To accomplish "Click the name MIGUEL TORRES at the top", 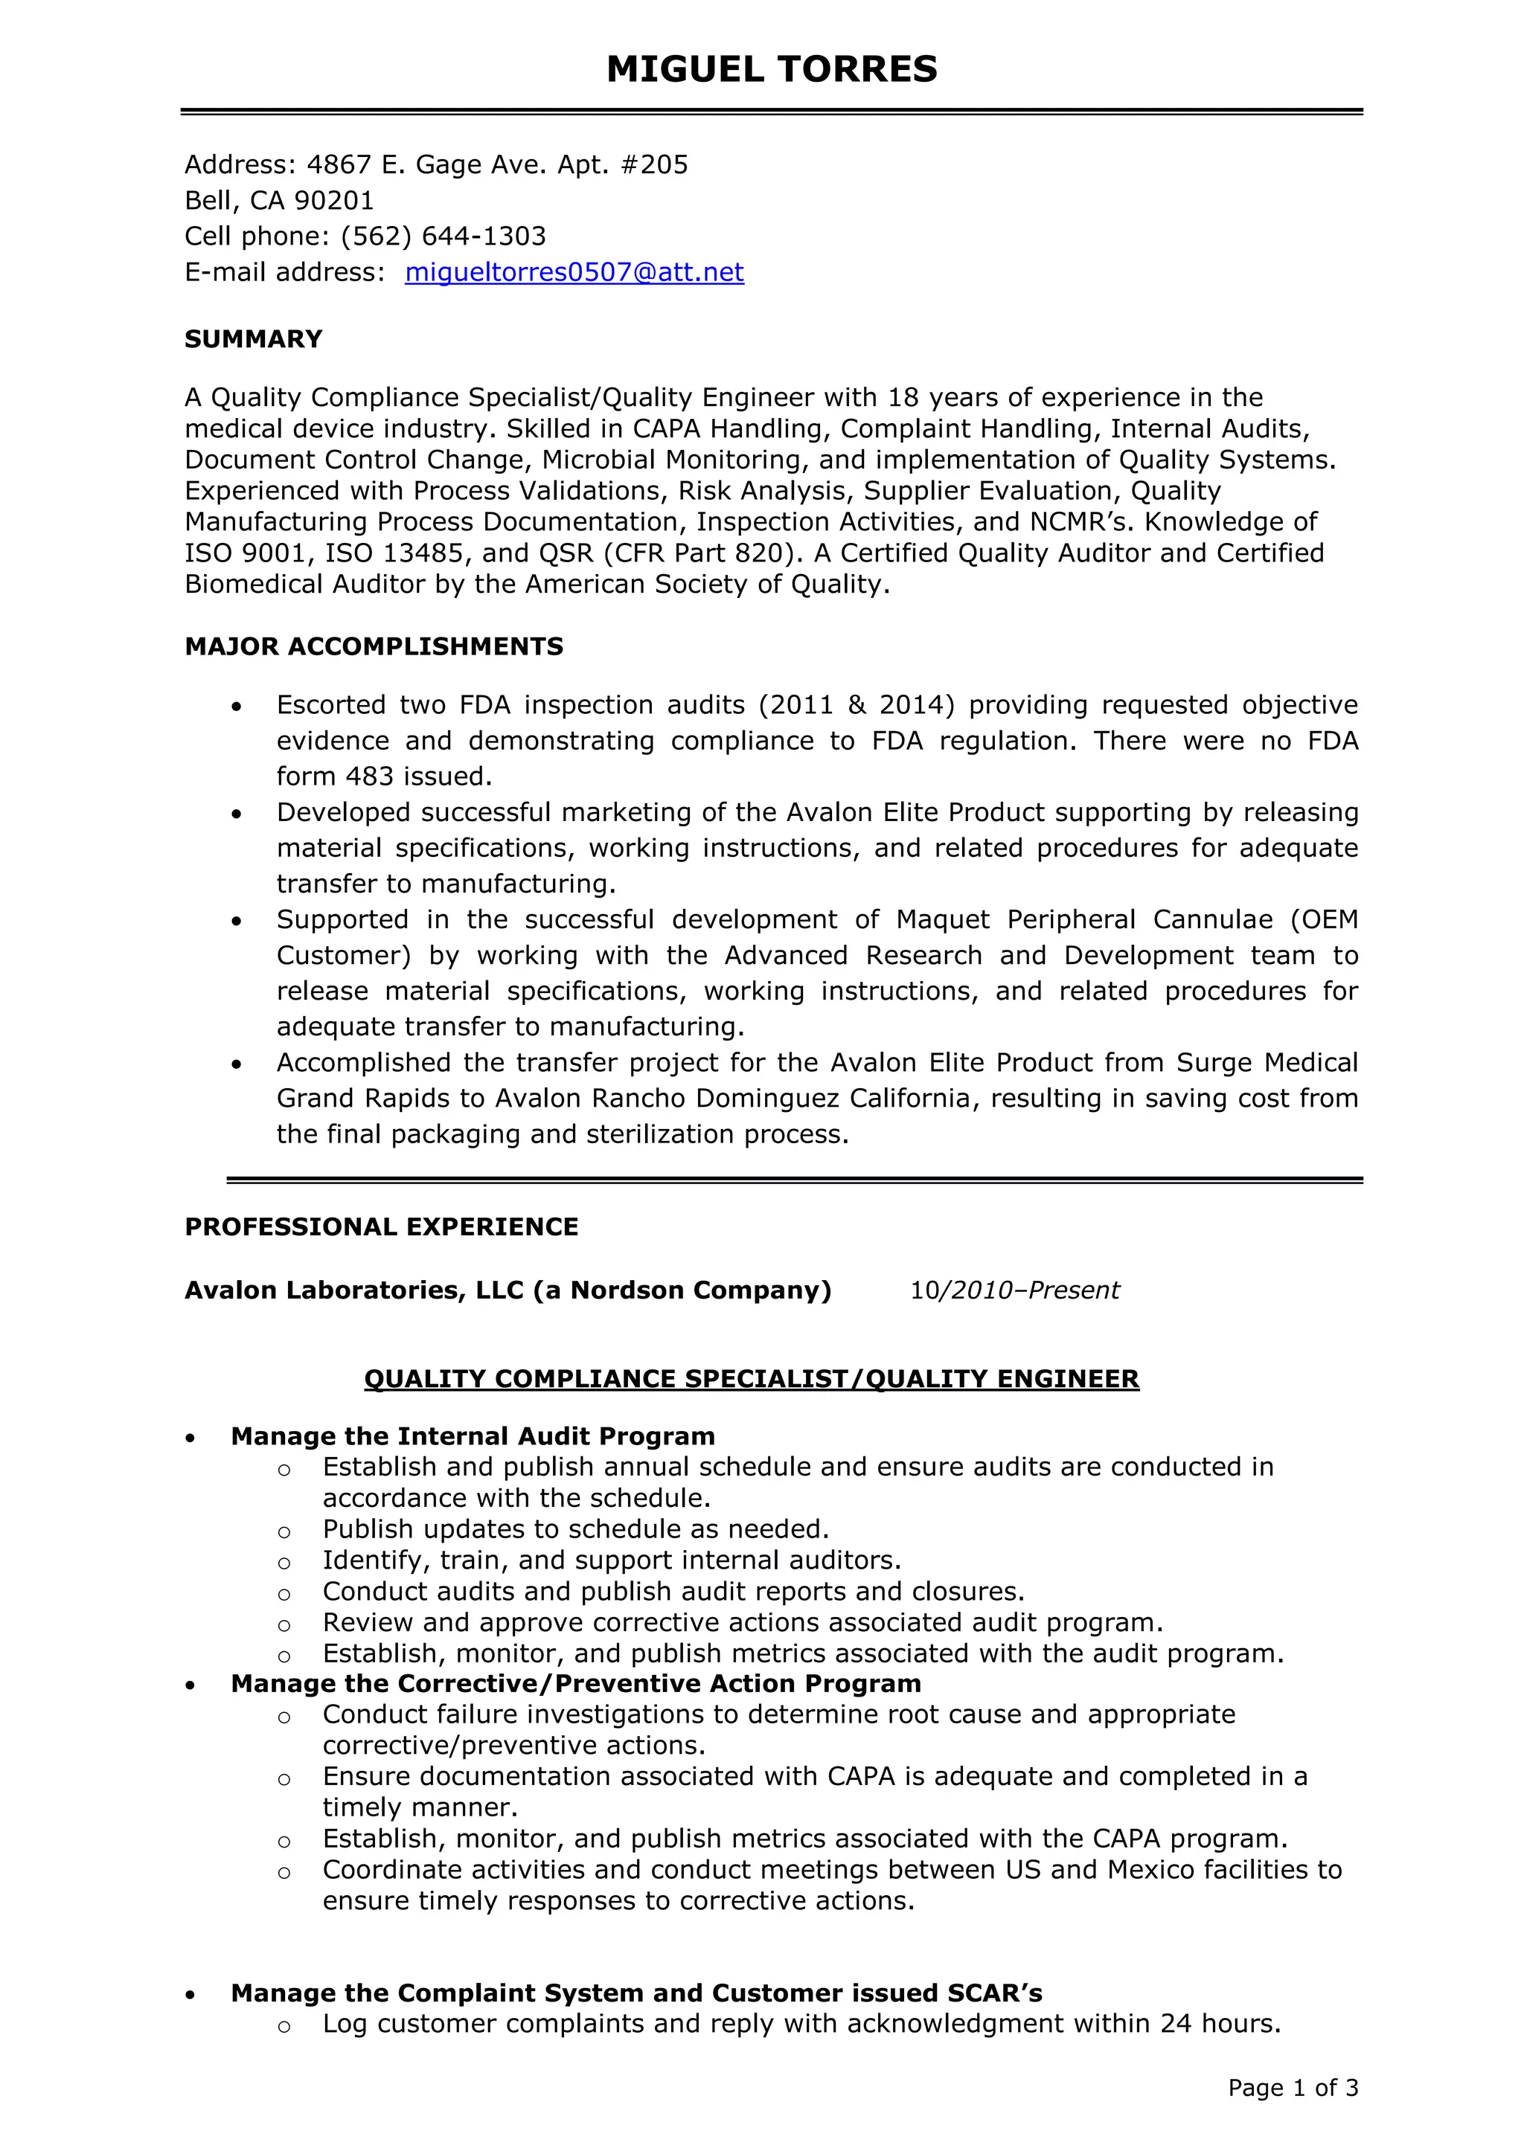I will click(772, 69).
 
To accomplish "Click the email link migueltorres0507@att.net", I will click(574, 272).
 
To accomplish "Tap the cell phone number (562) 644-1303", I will click(443, 237).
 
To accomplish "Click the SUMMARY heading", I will click(253, 338).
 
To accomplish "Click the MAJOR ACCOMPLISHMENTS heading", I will click(374, 646).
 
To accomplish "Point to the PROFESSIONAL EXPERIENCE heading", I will click(381, 1227).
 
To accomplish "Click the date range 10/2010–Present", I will click(1014, 1291).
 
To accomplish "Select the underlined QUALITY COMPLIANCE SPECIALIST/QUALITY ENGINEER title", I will click(751, 1379).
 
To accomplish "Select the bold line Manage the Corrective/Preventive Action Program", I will click(575, 1683).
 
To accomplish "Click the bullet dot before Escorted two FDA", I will click(237, 706).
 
